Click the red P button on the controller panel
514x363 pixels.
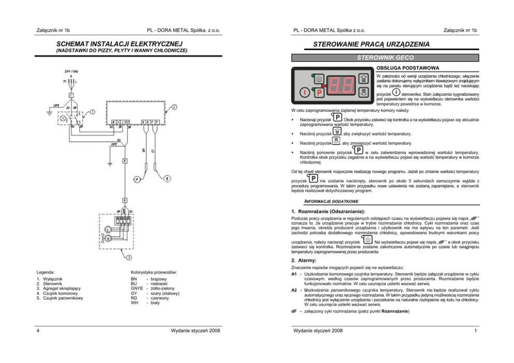click(x=319, y=93)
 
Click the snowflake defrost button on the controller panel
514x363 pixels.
click(x=319, y=79)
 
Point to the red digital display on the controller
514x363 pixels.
click(x=340, y=84)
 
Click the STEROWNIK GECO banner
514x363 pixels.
click(x=385, y=58)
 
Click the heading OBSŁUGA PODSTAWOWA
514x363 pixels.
click(x=408, y=68)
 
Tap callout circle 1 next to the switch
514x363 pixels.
click(x=92, y=111)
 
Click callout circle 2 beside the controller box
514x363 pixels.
click(x=174, y=107)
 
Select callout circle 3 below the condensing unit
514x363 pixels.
click(x=128, y=257)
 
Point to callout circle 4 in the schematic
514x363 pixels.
click(x=136, y=179)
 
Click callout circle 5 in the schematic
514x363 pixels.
click(x=166, y=179)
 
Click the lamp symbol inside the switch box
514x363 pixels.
click(x=64, y=119)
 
